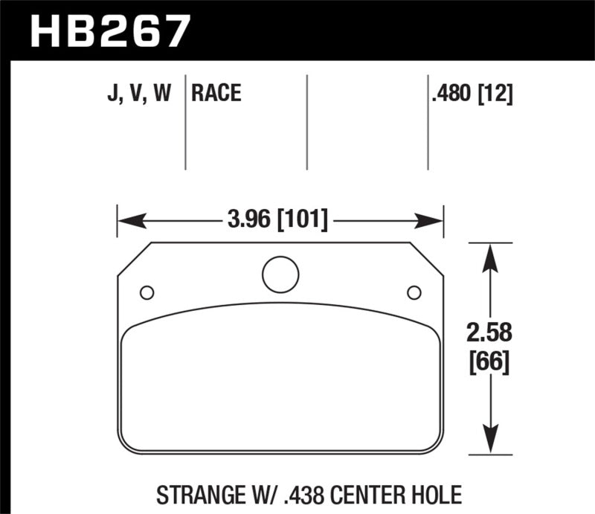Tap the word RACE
[216, 94]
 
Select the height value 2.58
[488, 332]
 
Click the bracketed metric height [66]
[488, 364]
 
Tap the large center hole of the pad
[280, 274]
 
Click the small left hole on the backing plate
[147, 292]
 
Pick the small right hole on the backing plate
[414, 292]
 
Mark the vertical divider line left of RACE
[184, 123]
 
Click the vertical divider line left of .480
[428, 123]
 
